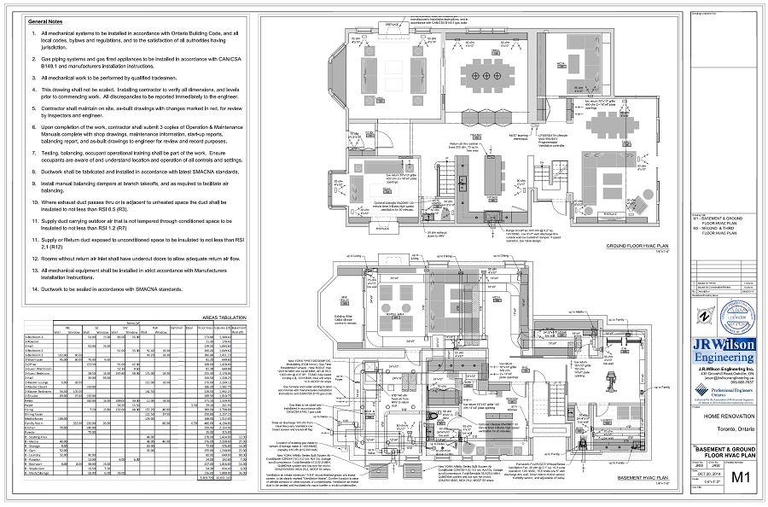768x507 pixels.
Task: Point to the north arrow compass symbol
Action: [701, 315]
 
